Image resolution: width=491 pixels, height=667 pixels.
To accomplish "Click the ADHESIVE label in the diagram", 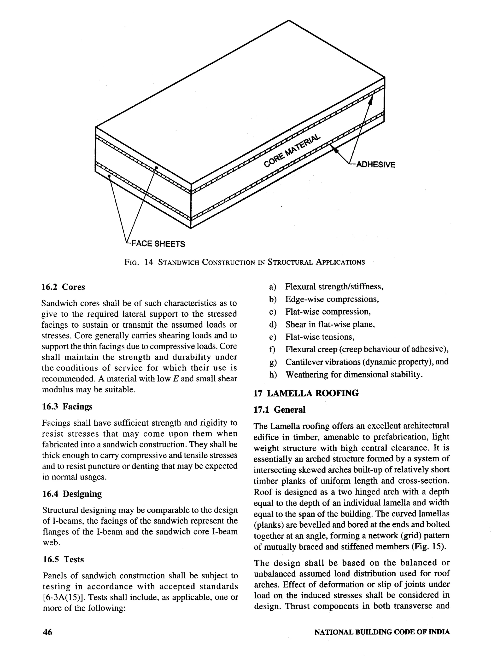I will coord(376,165).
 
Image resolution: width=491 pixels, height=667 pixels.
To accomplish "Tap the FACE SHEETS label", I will coord(158,244).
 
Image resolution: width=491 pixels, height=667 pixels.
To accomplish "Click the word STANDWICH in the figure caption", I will coord(178,262).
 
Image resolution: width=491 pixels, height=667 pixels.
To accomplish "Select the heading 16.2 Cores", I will coord(63,287).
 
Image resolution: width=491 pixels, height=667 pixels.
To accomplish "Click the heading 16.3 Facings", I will coord(67,406).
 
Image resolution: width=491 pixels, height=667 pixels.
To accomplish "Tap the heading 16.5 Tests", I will coord(63,559).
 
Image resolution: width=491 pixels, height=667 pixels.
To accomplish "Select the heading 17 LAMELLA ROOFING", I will coord(306,393).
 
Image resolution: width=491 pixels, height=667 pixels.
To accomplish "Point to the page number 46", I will coord(47,632).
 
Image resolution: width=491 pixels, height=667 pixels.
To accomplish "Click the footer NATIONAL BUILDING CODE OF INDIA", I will coord(382,632).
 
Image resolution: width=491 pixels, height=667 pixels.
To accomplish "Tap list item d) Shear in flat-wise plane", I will coord(330,325).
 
